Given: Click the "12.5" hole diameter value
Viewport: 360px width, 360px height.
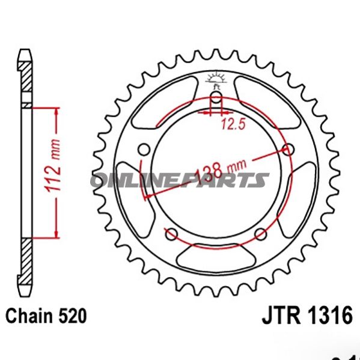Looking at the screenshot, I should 230,124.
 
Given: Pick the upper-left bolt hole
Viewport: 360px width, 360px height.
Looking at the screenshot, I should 143,149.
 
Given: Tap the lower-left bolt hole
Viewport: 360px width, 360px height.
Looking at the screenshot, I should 171,234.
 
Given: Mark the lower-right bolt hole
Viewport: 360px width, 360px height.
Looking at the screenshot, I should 261,234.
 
